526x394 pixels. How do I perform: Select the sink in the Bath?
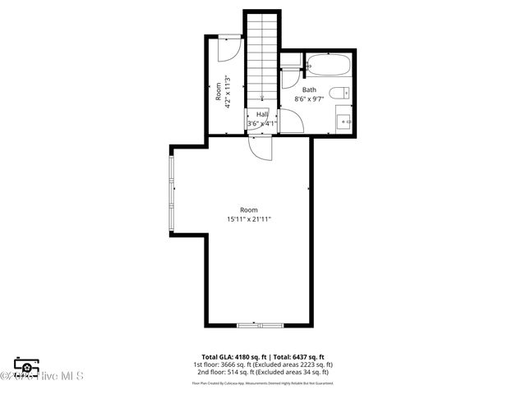coord(343,123)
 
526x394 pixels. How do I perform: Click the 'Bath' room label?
coord(309,89)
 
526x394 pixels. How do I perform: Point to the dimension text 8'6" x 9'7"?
coord(309,98)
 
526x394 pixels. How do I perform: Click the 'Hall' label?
coord(262,114)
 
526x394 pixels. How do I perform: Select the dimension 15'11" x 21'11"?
coord(249,219)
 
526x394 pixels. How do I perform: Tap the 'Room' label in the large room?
coord(249,210)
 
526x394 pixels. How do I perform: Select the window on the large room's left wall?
coord(172,192)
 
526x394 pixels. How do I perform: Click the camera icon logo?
coord(26,366)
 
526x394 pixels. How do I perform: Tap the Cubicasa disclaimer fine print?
coord(263,383)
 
